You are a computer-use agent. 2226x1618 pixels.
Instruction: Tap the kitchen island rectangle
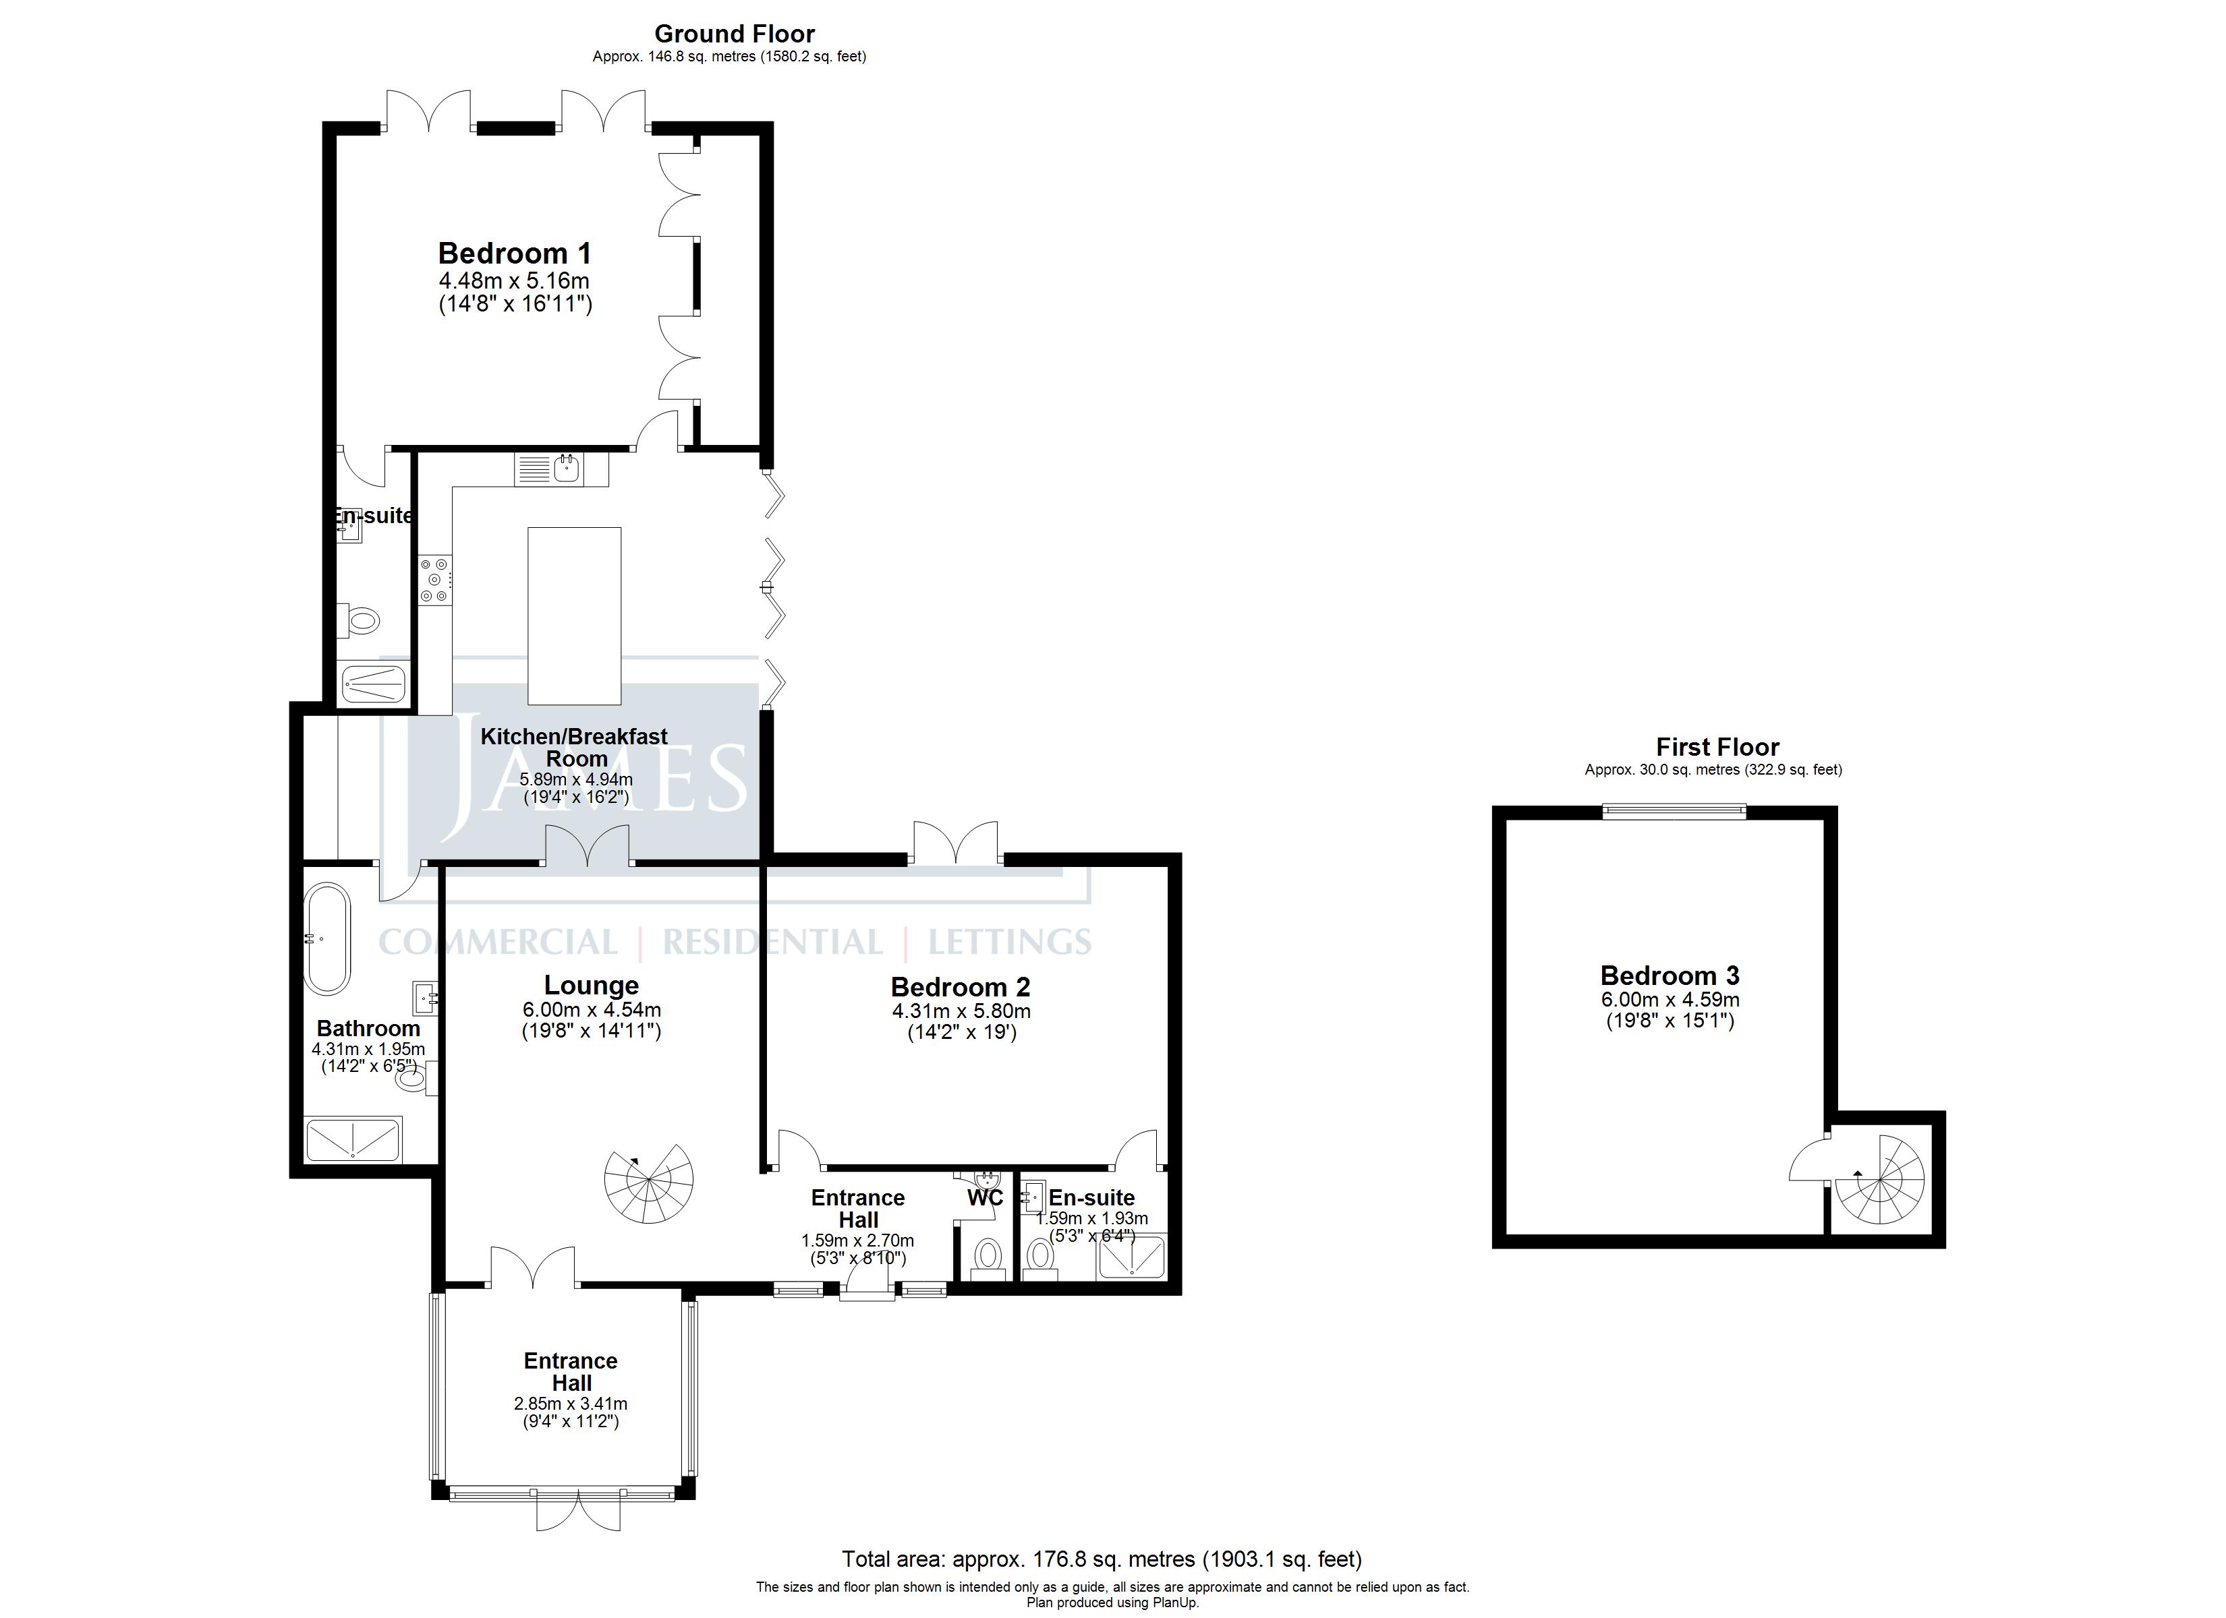click(574, 616)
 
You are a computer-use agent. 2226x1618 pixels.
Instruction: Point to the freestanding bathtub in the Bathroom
click(327, 939)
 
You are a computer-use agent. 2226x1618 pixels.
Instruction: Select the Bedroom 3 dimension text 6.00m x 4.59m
click(1669, 1000)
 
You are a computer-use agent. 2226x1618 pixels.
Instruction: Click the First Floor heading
click(1717, 747)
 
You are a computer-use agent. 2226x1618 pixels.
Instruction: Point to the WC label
click(986, 1197)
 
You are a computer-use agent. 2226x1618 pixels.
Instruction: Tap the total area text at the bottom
click(1102, 1558)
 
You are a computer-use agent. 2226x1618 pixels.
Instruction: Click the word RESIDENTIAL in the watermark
click(772, 943)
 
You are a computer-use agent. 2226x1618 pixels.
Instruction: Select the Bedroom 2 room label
click(960, 986)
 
